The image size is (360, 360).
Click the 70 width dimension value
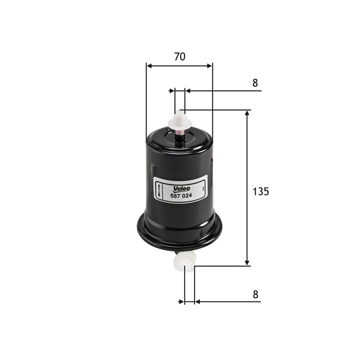tap(180, 57)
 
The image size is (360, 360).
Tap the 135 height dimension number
tap(260, 191)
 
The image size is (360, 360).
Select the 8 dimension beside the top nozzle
tap(255, 83)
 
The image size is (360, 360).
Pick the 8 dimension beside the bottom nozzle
tap(255, 294)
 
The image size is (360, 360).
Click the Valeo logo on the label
tap(182, 188)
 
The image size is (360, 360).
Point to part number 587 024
tap(182, 195)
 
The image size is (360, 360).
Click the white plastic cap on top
tap(180, 121)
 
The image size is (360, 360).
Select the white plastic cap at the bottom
tap(185, 260)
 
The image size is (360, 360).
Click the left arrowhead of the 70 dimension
tap(149, 66)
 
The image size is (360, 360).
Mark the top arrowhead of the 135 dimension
tap(247, 113)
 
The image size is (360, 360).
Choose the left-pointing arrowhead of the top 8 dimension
tap(188, 91)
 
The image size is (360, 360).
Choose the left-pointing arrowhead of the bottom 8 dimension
tap(197, 301)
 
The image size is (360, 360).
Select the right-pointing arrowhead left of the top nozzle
tap(171, 91)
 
